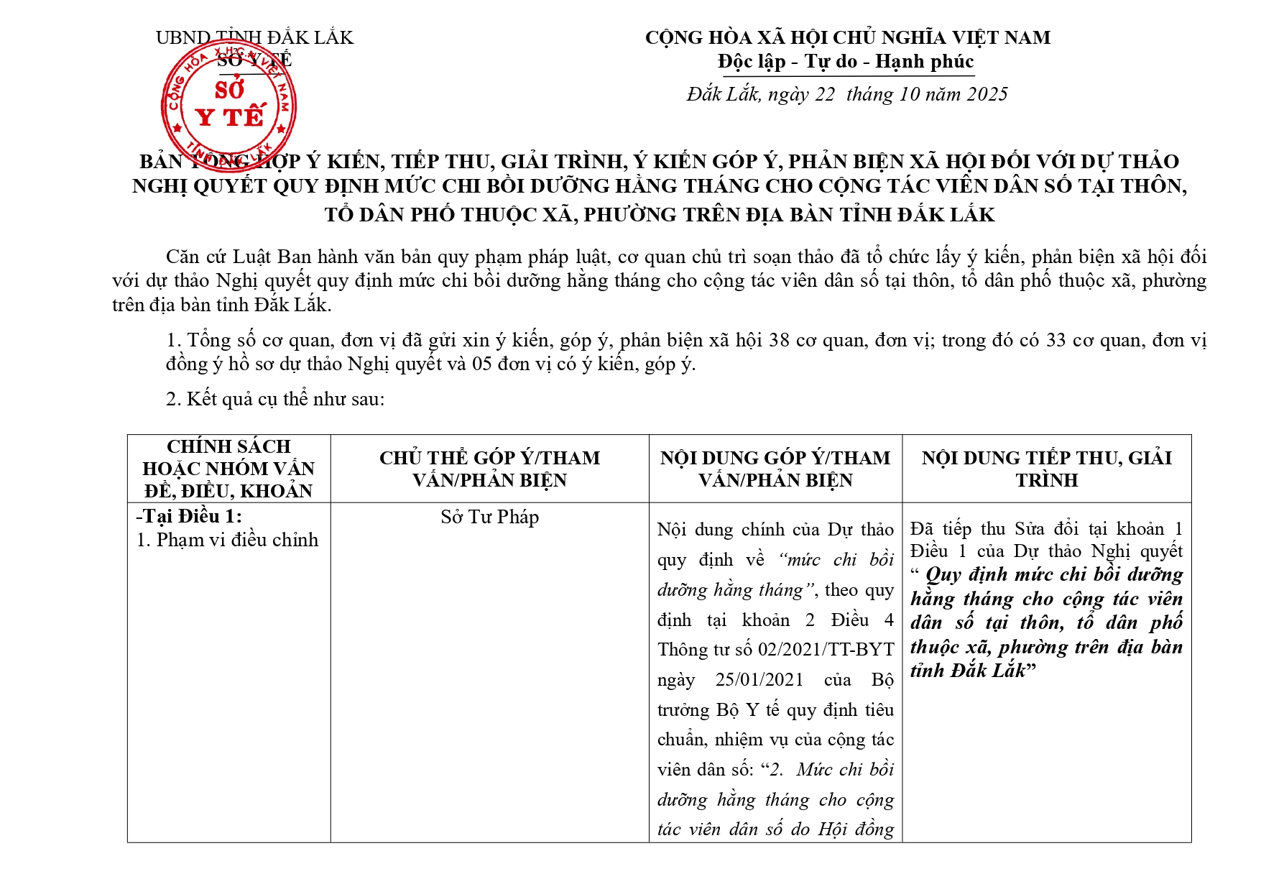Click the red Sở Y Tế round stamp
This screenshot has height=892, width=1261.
point(228,106)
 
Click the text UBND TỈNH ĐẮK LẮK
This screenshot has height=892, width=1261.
point(254,37)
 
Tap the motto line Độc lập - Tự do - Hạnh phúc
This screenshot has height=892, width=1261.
point(846,62)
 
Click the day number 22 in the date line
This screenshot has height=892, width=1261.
point(824,94)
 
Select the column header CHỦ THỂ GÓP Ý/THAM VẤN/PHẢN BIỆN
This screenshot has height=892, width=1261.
point(489,469)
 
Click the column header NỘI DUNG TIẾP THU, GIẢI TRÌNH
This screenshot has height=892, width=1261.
point(1046,469)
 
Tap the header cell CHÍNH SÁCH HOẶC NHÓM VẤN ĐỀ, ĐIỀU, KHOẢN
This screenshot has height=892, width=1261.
point(228,469)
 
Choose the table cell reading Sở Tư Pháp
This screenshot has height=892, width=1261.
point(489,517)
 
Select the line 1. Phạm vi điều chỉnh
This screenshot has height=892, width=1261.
point(227,540)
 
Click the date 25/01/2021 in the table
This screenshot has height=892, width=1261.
point(759,680)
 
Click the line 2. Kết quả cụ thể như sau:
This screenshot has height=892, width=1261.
point(275,399)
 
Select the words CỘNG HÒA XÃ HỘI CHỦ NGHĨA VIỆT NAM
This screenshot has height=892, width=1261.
point(847,37)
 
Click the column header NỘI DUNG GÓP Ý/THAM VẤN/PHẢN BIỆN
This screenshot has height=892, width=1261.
point(775,469)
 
